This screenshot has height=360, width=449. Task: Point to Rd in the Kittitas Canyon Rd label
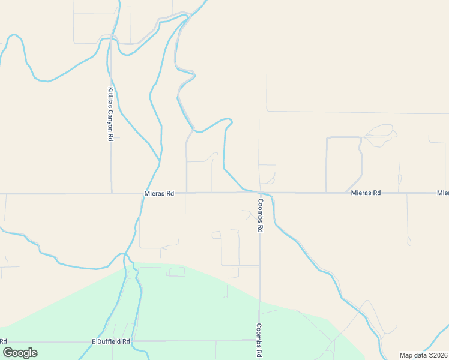(110, 136)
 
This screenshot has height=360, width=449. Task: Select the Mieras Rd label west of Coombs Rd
(159, 194)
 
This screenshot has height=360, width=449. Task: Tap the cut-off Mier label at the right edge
(443, 193)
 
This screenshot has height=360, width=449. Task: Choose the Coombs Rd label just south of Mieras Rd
(261, 216)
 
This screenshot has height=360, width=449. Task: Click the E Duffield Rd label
(111, 341)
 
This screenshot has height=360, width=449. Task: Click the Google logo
(20, 353)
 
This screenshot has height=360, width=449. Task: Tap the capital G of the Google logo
(8, 353)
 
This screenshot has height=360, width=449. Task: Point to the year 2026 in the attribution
(439, 355)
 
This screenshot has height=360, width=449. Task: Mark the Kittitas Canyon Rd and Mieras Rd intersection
(112, 193)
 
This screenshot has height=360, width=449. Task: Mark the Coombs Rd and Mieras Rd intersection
(259, 193)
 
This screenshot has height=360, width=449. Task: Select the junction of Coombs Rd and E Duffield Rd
(259, 340)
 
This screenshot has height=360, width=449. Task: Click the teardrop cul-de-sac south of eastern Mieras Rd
(409, 241)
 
